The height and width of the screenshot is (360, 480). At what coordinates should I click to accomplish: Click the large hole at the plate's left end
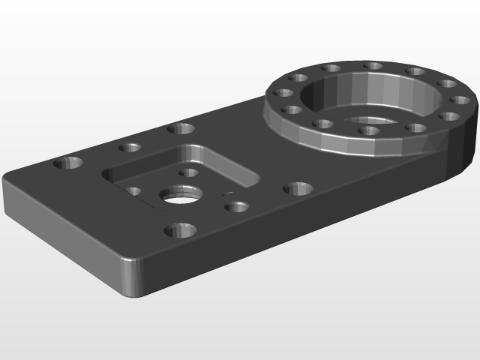pyautogui.click(x=70, y=162)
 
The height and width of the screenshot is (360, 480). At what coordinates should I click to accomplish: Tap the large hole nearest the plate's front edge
pyautogui.click(x=180, y=229)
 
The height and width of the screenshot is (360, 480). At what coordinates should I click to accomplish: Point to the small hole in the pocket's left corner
pyautogui.click(x=134, y=190)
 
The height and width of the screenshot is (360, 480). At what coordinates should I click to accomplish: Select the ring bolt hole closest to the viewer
pyautogui.click(x=368, y=130)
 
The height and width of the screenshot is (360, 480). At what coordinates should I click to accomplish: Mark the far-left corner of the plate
pyautogui.click(x=7, y=181)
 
